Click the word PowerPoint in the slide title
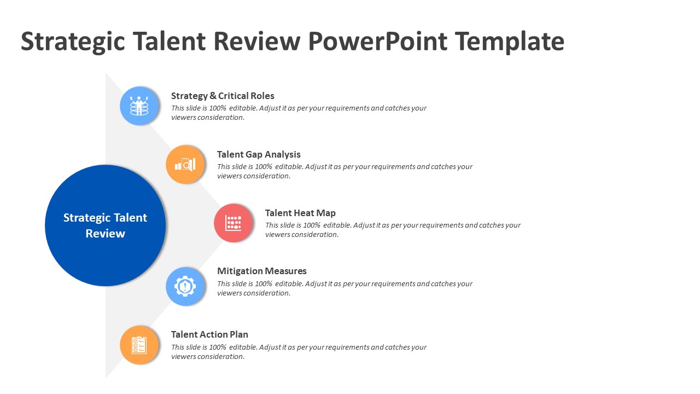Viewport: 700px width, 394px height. coord(377,41)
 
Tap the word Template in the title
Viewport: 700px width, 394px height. coord(509,41)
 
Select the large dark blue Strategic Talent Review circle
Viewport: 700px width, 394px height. coord(106,225)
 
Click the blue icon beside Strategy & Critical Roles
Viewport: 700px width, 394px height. coord(139,106)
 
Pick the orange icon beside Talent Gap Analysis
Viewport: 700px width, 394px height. coord(185,164)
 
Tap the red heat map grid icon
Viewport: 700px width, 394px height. coord(234,223)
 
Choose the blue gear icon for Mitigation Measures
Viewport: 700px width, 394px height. coord(185,286)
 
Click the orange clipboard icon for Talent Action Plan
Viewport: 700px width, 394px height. coord(139,345)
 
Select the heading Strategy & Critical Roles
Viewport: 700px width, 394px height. coord(223,96)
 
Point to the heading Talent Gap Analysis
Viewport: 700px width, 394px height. coord(259,154)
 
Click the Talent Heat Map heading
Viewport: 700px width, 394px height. coord(300,213)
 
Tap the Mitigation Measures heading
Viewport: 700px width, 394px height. coord(262,271)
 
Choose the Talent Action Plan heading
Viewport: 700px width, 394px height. coord(209,334)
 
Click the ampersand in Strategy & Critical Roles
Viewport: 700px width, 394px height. coord(213,96)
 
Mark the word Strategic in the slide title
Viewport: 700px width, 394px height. coord(73,41)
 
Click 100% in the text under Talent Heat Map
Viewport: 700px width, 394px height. coord(312,225)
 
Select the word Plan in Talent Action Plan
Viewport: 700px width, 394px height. coord(239,334)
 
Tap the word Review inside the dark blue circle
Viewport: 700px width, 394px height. coord(106,234)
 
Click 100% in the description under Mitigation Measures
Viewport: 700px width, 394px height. coord(264,283)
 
